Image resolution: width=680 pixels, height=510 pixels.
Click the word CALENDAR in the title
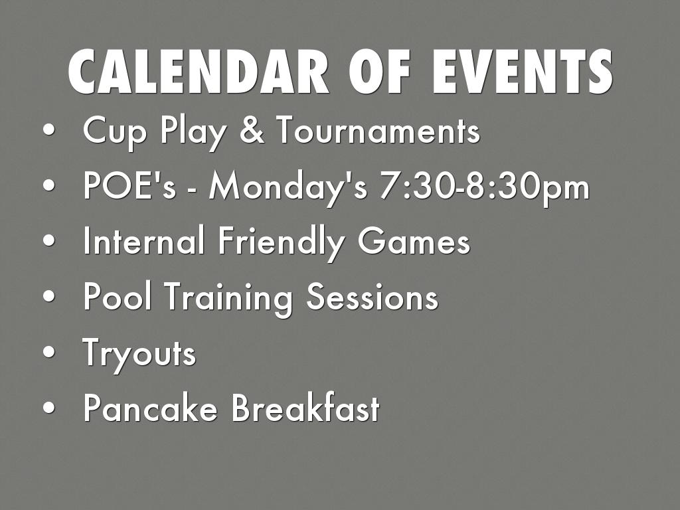199,72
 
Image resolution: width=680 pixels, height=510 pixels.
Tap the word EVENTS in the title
522,72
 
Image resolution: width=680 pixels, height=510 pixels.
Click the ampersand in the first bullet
252,129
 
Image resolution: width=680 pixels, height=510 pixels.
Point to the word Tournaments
379,129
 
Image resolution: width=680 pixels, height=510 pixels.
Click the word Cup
114,133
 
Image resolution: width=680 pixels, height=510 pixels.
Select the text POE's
129,185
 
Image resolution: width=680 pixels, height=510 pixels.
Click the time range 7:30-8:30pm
484,188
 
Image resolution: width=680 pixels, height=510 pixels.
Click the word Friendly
282,243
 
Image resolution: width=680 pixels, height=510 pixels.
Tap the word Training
229,299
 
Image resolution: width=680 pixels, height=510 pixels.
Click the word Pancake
149,407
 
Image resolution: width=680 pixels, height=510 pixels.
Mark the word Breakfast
305,407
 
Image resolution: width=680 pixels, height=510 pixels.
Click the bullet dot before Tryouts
49,351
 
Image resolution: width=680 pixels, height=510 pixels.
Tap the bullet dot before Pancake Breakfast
49,407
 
